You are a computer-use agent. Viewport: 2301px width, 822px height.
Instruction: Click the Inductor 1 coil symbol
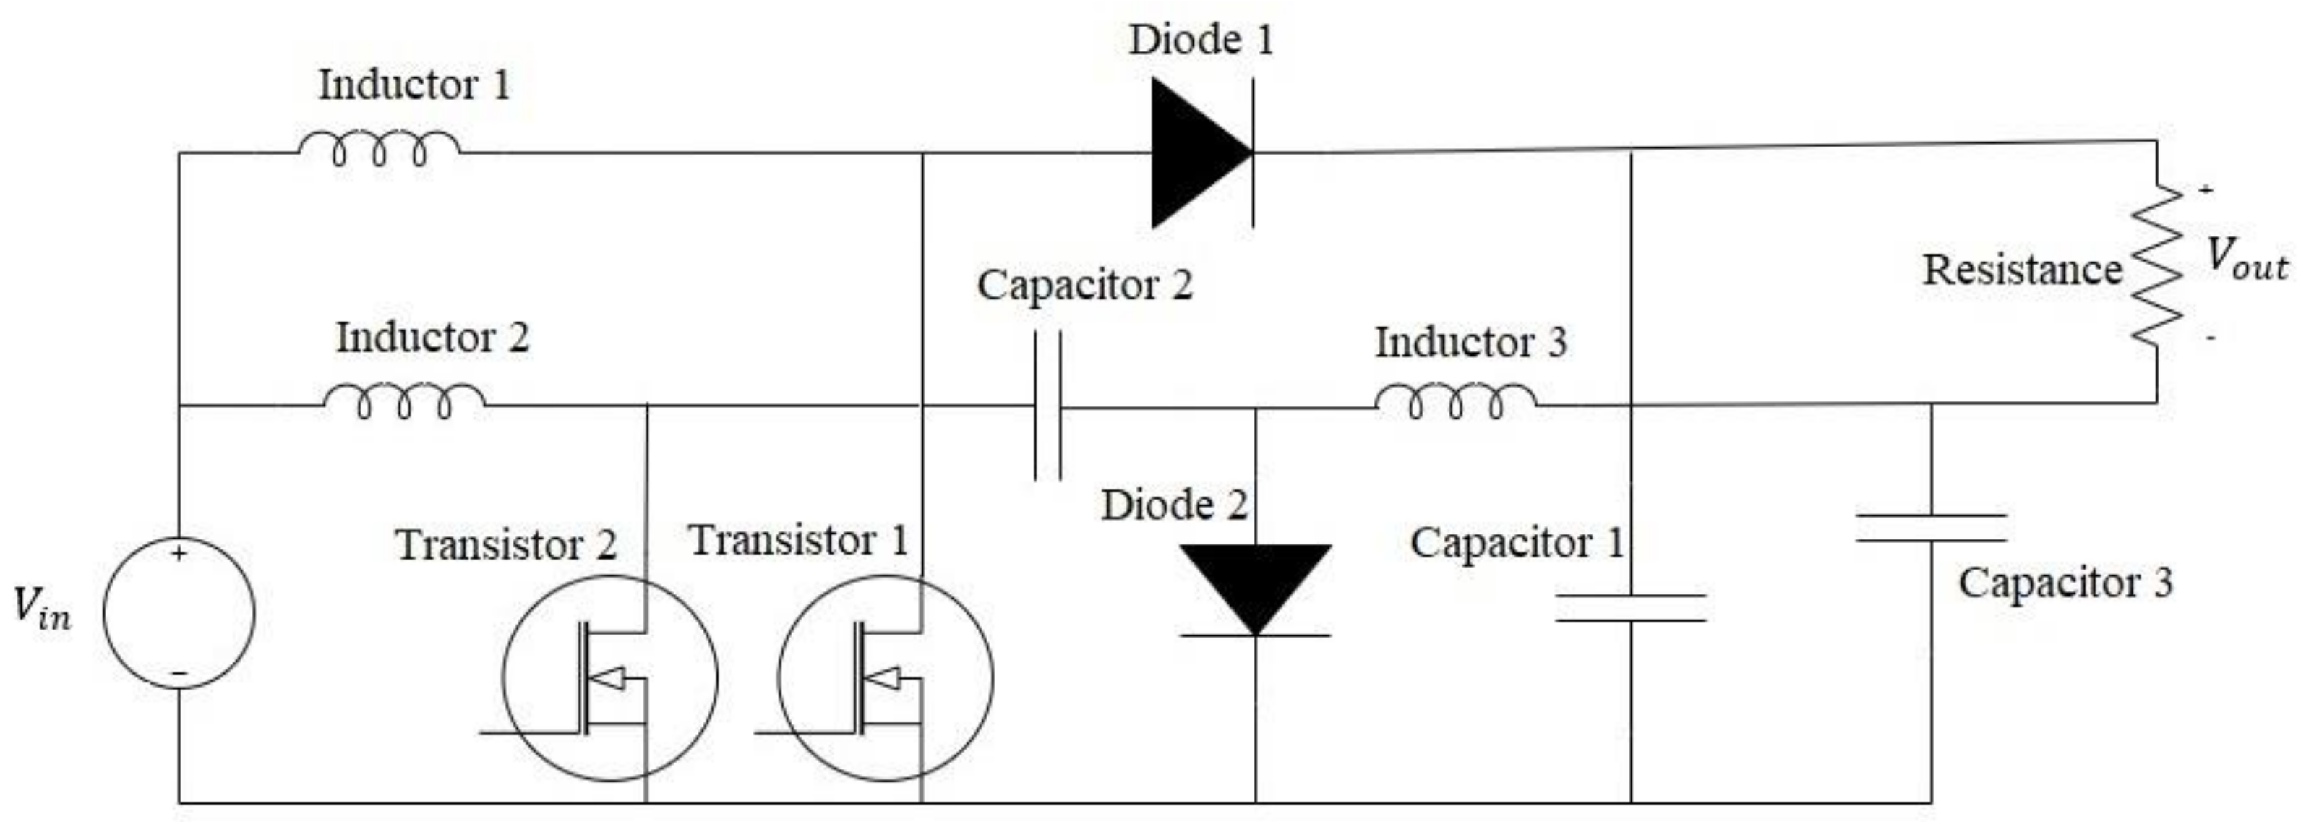(x=379, y=148)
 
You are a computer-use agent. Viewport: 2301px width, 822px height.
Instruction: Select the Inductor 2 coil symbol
(x=405, y=401)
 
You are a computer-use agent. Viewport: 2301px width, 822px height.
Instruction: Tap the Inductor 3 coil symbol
(x=1456, y=401)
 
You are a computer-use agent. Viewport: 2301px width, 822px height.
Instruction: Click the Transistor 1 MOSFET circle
(x=884, y=677)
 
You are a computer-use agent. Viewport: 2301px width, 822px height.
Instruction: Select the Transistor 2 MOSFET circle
(x=609, y=677)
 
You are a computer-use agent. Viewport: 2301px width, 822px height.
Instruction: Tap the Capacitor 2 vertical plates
(x=1047, y=406)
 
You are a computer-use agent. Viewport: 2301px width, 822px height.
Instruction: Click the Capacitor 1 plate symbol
(x=1631, y=607)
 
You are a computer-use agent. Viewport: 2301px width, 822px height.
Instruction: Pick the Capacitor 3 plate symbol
(x=1931, y=528)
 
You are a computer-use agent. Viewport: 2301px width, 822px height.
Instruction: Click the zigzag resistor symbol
(x=2157, y=265)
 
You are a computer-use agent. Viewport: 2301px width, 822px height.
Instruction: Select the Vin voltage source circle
(x=179, y=613)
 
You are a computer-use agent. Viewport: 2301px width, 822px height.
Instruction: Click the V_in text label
(x=41, y=607)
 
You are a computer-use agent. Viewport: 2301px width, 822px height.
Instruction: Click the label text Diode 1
(x=1201, y=40)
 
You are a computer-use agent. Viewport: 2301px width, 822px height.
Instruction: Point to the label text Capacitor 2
(x=1084, y=286)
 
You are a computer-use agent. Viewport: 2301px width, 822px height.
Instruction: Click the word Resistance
(x=2021, y=270)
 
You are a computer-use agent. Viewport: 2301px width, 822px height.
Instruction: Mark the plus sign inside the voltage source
(x=179, y=554)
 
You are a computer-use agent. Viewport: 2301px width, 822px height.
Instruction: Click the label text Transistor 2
(x=505, y=545)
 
